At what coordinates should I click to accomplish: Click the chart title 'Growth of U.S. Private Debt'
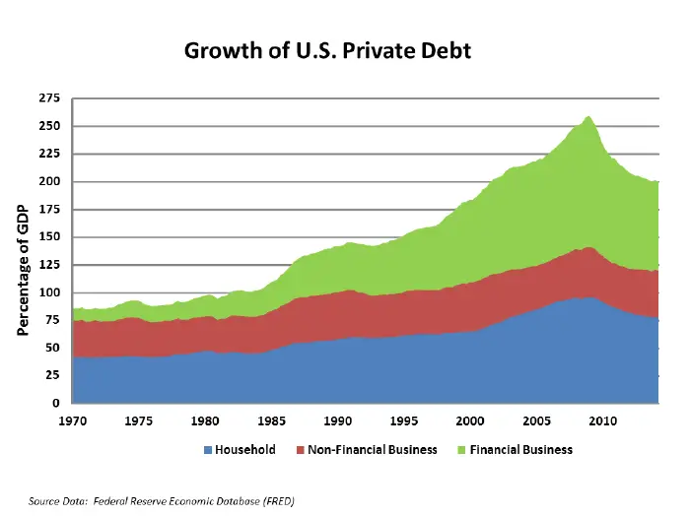point(328,50)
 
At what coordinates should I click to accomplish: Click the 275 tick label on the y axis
point(49,98)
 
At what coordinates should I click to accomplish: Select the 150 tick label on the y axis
point(49,237)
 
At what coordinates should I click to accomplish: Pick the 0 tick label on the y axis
point(57,404)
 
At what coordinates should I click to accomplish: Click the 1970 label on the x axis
point(72,420)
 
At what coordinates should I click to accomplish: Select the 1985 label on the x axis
point(271,420)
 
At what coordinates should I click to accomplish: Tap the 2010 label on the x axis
point(603,420)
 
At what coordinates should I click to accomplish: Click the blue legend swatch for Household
point(208,450)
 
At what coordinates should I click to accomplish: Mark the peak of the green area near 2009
point(588,116)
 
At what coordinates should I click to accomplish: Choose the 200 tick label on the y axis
point(49,182)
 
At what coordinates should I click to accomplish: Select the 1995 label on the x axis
point(404,420)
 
